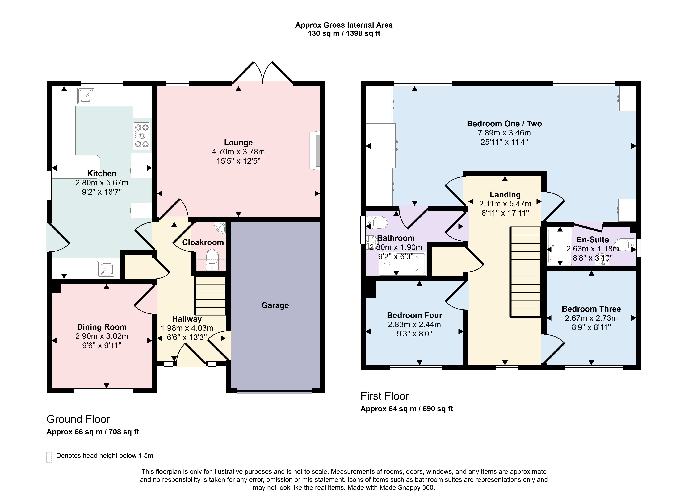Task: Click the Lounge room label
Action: click(x=238, y=143)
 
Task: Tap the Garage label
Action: click(x=275, y=305)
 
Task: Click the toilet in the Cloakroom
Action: click(x=212, y=260)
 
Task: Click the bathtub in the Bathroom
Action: click(x=403, y=263)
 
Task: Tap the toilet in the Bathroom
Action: click(x=377, y=222)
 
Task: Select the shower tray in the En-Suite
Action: click(x=559, y=246)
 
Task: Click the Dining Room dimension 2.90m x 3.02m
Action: click(x=102, y=336)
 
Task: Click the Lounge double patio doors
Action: click(x=263, y=72)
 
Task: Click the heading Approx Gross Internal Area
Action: click(x=344, y=25)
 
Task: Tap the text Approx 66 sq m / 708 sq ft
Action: click(x=93, y=432)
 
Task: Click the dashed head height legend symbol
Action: click(x=49, y=457)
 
